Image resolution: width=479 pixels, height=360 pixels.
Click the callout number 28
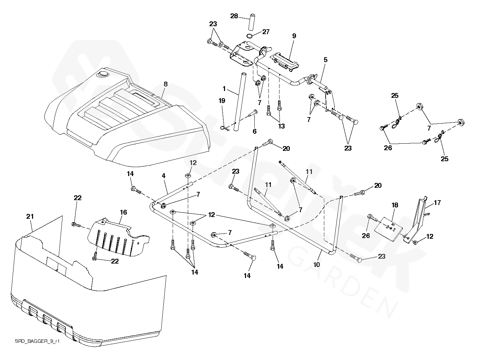coord(234,16)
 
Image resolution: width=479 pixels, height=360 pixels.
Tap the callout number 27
coord(266,32)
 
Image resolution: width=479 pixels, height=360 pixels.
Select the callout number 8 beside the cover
coord(165,84)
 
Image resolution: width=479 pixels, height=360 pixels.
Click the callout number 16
coord(123,213)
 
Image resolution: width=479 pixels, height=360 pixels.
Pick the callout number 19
coord(222,101)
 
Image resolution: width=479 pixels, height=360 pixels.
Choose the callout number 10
coord(317,265)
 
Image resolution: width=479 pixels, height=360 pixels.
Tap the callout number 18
coord(395,205)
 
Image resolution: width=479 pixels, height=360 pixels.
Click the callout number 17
coord(437,203)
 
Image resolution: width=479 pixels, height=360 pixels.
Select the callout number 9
coord(294,36)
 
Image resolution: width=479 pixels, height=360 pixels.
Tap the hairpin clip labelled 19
coord(224,128)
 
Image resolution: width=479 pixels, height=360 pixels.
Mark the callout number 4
coord(164,176)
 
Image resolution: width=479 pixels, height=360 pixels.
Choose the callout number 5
coord(325,60)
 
